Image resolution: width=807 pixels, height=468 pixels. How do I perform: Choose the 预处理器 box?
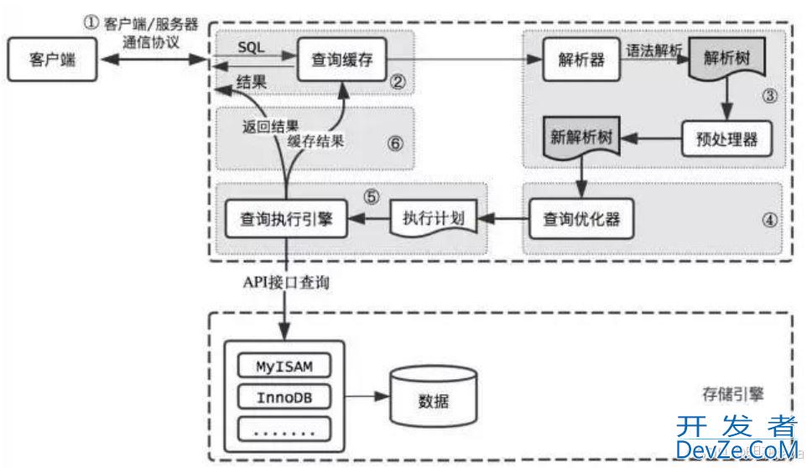(x=726, y=139)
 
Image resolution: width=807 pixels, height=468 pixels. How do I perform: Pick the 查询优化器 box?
(x=580, y=220)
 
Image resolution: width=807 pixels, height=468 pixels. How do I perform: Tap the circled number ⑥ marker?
(x=396, y=143)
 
